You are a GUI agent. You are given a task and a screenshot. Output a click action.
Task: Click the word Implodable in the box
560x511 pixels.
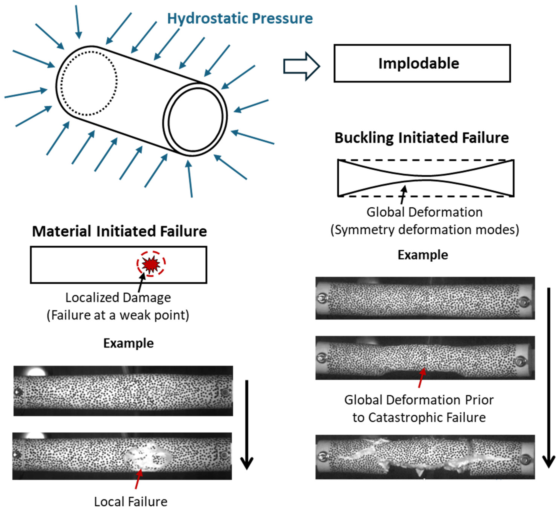[419, 64]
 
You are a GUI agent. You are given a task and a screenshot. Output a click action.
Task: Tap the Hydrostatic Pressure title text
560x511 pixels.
[240, 19]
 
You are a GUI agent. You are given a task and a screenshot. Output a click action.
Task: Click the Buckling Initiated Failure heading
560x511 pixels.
[421, 138]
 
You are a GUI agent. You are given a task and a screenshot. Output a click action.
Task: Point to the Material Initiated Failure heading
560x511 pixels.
[119, 231]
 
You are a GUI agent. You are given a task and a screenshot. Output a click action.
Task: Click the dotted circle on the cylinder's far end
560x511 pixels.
[89, 83]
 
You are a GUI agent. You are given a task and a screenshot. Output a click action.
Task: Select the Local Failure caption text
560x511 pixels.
[131, 502]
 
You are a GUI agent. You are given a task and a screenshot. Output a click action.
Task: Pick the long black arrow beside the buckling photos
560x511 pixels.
[549, 378]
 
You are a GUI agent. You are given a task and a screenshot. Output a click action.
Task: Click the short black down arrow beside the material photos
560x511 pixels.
[247, 425]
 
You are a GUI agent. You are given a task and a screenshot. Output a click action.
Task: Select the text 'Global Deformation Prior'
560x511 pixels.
[419, 400]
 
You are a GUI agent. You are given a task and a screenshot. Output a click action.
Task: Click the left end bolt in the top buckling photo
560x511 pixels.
[322, 298]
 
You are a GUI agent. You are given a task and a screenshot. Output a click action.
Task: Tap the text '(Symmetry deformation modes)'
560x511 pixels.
[424, 230]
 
